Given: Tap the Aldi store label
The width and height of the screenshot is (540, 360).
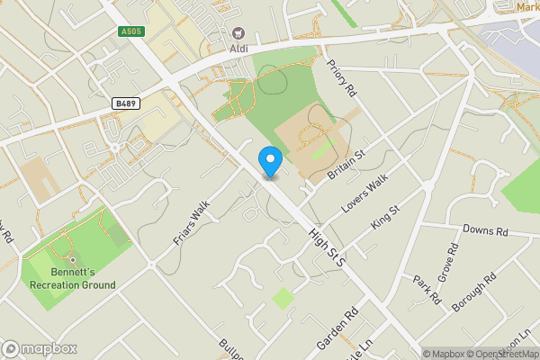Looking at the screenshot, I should pos(238,47).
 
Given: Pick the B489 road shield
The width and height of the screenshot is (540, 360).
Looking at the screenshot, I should pos(125,104).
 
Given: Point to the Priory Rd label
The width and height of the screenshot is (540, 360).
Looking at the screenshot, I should pos(343,79).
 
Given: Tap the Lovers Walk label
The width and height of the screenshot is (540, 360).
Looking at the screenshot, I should pos(364,193).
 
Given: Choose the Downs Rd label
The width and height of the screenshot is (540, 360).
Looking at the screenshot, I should pos(485,231).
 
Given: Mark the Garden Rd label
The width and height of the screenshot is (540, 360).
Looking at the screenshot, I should pos(337,329).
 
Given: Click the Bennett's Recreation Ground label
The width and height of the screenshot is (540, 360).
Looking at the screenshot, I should pos(82,278).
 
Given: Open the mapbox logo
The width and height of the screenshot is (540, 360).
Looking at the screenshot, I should pos(39,348).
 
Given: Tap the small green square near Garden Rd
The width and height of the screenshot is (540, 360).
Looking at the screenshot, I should pos(283,298).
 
